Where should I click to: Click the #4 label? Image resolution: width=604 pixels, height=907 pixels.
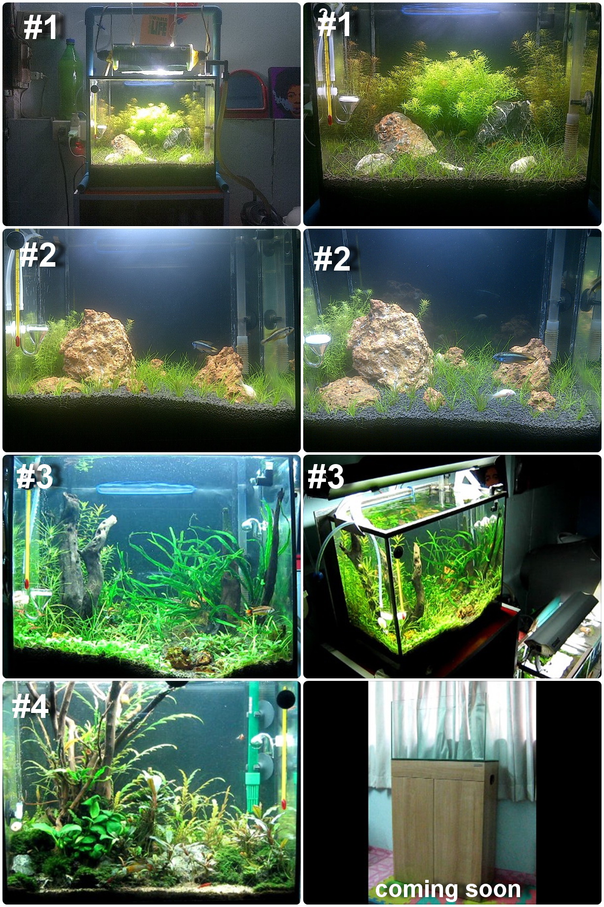click(x=30, y=706)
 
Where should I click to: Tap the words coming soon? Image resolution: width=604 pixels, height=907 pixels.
click(x=448, y=889)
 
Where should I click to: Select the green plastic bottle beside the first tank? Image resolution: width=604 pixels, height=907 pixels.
click(x=69, y=79)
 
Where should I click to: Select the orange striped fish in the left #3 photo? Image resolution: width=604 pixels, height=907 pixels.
click(x=260, y=610)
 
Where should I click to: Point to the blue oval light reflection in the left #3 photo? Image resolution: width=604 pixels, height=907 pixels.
click(x=146, y=489)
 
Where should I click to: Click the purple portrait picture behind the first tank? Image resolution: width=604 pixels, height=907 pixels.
click(x=284, y=93)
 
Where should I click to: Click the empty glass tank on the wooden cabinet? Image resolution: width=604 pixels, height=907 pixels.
click(x=439, y=726)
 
